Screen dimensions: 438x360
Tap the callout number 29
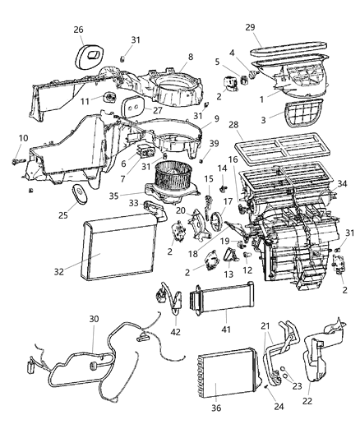click(250, 28)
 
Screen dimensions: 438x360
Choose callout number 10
click(22, 137)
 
